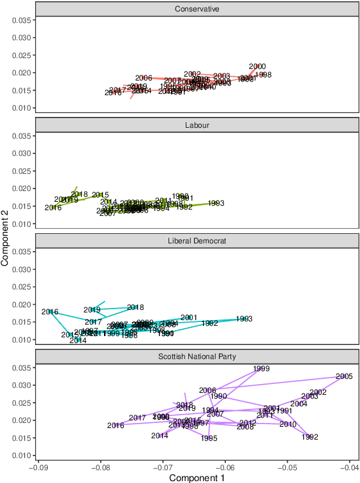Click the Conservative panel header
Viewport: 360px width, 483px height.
tap(197, 9)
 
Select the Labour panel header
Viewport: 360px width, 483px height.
tap(197, 125)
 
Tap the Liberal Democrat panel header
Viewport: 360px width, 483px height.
tap(197, 240)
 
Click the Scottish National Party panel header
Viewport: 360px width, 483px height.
tap(197, 356)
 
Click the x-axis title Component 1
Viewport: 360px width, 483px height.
tap(197, 477)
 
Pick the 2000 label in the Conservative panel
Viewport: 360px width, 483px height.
tap(257, 66)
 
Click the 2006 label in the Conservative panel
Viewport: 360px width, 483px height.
tap(144, 78)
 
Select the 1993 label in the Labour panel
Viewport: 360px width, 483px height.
tap(216, 203)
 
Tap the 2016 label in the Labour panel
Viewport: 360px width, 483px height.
tap(53, 208)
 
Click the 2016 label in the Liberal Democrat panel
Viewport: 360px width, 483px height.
tap(50, 312)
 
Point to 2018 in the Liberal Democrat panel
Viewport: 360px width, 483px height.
tap(135, 307)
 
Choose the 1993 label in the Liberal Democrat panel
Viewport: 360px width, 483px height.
tap(244, 319)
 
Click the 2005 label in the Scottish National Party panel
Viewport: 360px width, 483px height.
tap(344, 376)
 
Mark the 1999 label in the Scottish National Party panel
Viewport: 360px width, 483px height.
tap(261, 369)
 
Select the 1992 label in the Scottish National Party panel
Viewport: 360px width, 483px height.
tap(310, 437)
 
